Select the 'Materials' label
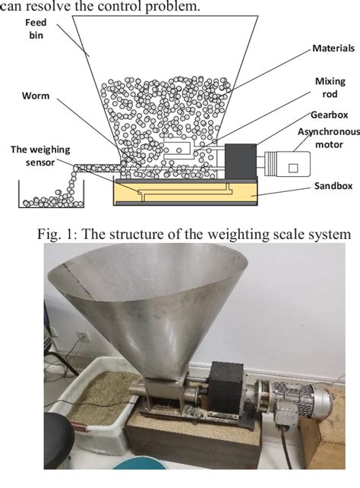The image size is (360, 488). pyautogui.click(x=333, y=48)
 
